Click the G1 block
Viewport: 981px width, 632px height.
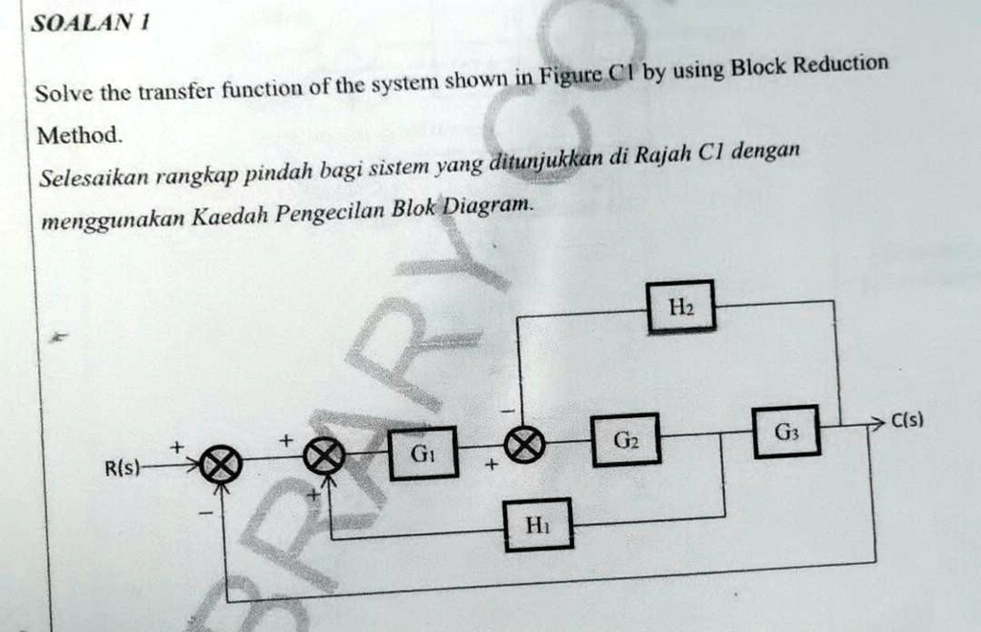pos(422,453)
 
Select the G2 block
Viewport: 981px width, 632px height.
pos(626,440)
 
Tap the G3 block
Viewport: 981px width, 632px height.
pos(785,432)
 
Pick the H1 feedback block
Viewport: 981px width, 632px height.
pos(538,524)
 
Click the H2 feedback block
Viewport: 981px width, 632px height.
pos(680,306)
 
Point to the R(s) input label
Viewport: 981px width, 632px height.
pos(122,469)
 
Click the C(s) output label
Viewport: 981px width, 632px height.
pos(906,420)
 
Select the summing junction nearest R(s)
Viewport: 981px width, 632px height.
pos(220,466)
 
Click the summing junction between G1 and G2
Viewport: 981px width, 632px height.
pos(526,443)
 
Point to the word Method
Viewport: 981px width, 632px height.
pos(79,135)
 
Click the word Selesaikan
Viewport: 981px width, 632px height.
pos(94,177)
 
